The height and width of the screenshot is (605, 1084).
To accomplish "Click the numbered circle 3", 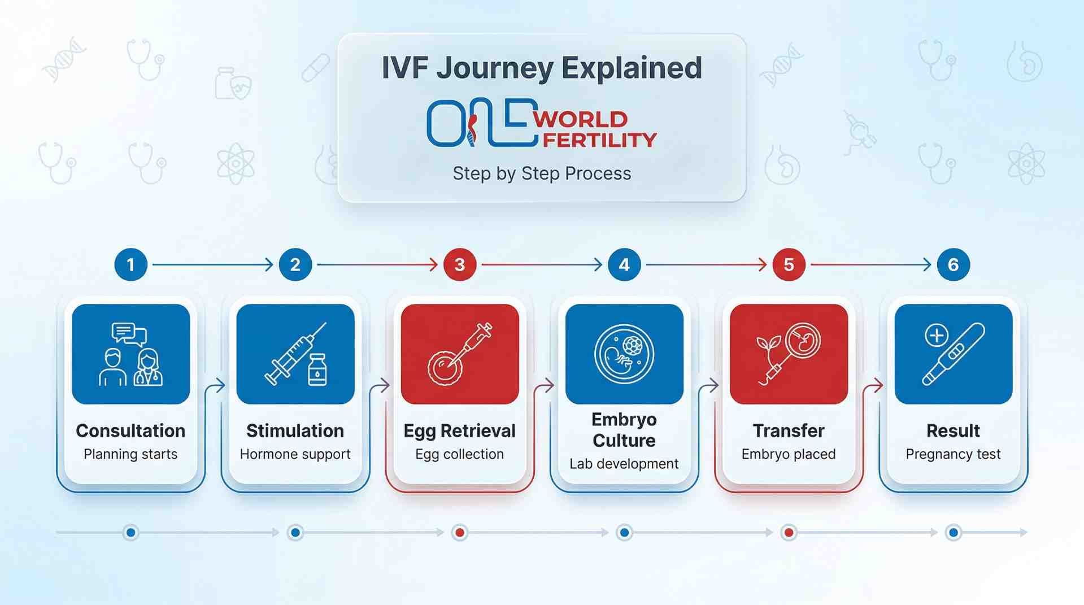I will point(459,264).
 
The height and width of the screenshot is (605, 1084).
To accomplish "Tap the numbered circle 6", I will point(953,264).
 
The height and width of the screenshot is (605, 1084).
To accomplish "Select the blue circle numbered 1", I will point(130,264).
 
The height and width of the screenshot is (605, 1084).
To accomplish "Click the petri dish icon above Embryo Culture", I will point(624,354).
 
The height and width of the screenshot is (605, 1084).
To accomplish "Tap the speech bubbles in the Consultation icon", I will point(129,334).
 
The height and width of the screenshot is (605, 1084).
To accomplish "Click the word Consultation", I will point(130,430).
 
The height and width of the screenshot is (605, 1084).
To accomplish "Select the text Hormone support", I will point(295,454).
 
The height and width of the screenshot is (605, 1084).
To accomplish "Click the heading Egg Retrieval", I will point(459,430).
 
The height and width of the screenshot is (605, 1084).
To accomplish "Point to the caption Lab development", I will point(624,464).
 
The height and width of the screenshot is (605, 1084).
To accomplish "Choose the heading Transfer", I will point(789,430).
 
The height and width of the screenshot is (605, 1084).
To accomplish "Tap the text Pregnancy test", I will point(953,454).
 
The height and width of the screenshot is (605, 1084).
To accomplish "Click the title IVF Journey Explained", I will point(542,68).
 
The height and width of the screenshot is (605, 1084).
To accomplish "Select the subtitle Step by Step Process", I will point(542,173).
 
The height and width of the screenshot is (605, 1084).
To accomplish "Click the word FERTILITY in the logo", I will point(599,140).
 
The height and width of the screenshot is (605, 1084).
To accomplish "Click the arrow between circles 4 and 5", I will point(706,264).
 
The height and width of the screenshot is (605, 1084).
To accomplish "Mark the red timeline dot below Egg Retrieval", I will point(460,532).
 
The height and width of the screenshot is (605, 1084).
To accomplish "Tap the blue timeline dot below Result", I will point(954,532).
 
